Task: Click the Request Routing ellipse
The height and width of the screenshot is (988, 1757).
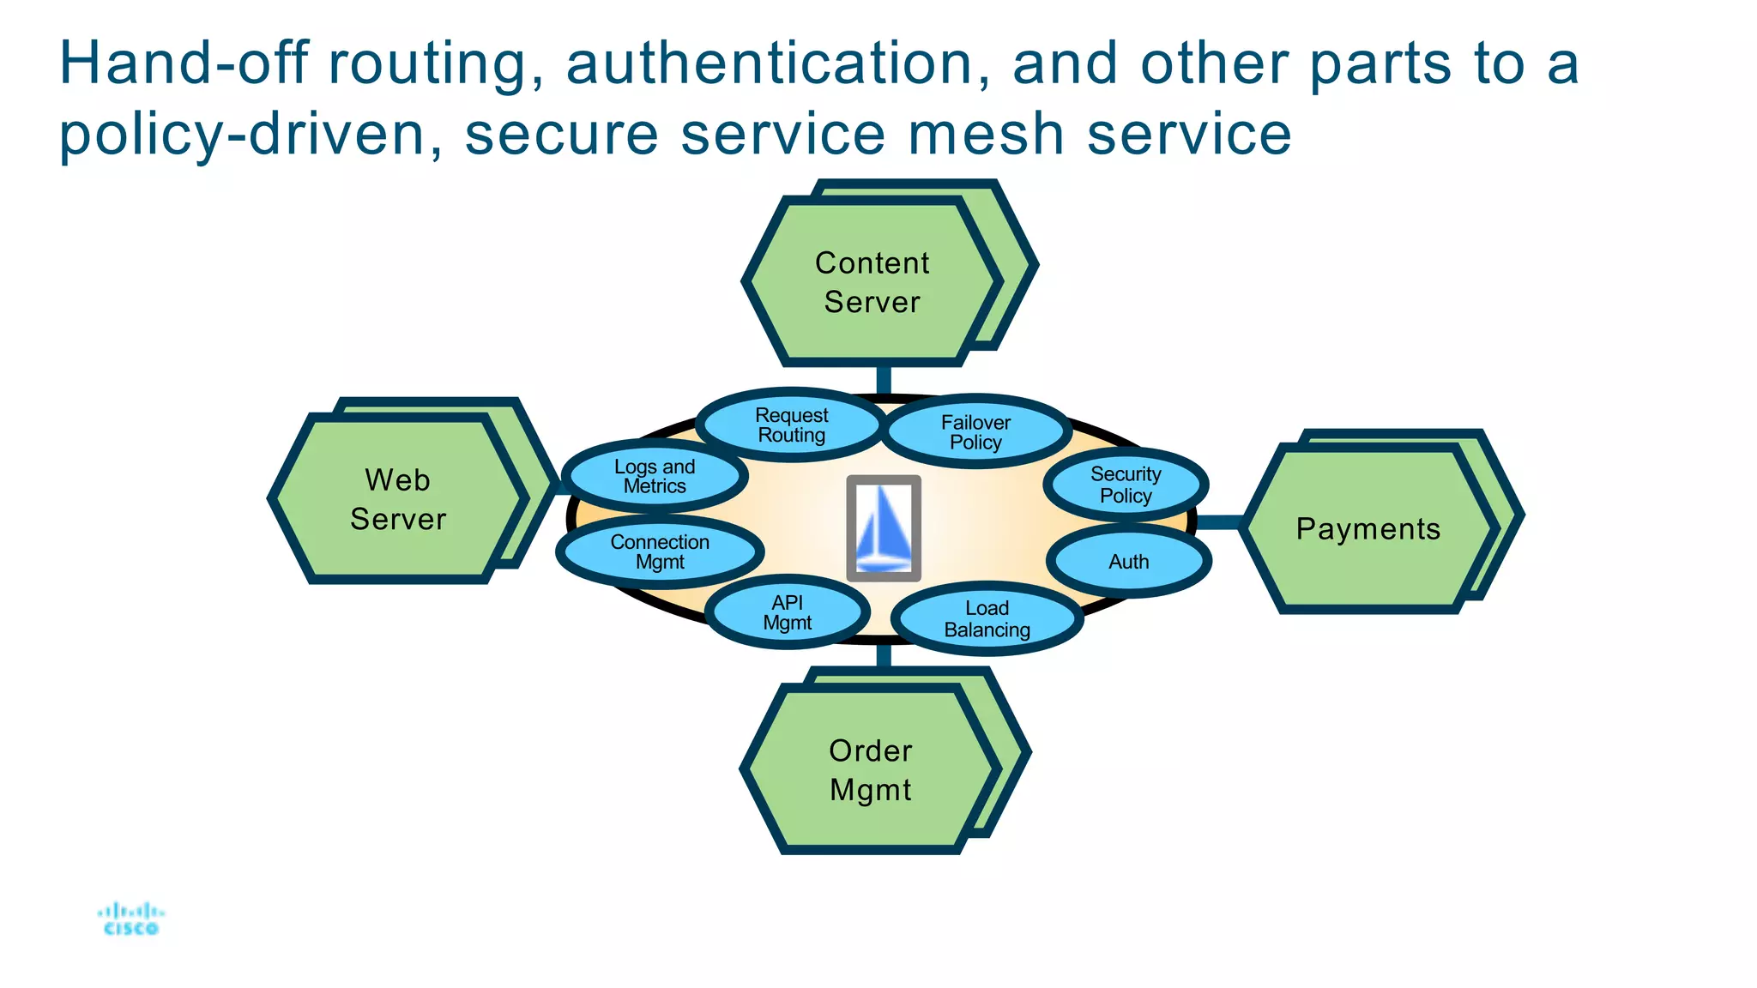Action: (x=790, y=425)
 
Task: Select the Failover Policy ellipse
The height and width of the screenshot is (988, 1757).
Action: (x=975, y=432)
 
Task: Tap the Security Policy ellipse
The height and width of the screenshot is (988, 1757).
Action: (x=1125, y=485)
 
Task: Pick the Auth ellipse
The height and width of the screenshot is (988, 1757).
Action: (x=1128, y=562)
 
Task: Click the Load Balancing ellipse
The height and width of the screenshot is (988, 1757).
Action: (x=987, y=618)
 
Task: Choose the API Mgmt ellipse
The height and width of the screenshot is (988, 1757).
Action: (x=787, y=612)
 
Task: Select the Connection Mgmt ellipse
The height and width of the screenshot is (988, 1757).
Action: (x=659, y=552)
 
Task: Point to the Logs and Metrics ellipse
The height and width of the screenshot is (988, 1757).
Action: (x=654, y=476)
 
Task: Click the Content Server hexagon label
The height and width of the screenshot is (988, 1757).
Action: (x=872, y=282)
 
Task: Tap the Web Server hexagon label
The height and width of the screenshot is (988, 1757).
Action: (x=398, y=499)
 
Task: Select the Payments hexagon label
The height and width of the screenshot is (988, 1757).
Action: (x=1368, y=529)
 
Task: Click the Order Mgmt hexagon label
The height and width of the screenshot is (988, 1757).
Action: (x=870, y=769)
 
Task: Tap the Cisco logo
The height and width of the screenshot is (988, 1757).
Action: (x=130, y=919)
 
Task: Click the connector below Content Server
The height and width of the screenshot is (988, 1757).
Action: (x=883, y=378)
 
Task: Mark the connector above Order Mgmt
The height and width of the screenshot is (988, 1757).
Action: (x=884, y=656)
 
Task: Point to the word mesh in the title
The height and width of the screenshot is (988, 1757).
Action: (x=986, y=135)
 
